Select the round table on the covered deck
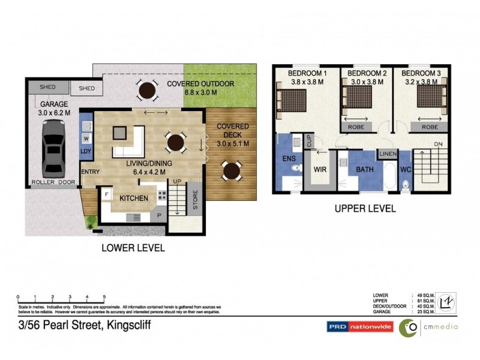tap(230, 170)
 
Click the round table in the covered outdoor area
tap(146, 91)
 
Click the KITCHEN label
tap(134, 197)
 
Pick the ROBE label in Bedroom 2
tap(356, 127)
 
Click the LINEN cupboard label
tap(388, 155)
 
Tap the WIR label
tap(320, 170)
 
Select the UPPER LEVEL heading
tap(364, 209)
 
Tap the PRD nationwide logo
tap(359, 327)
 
